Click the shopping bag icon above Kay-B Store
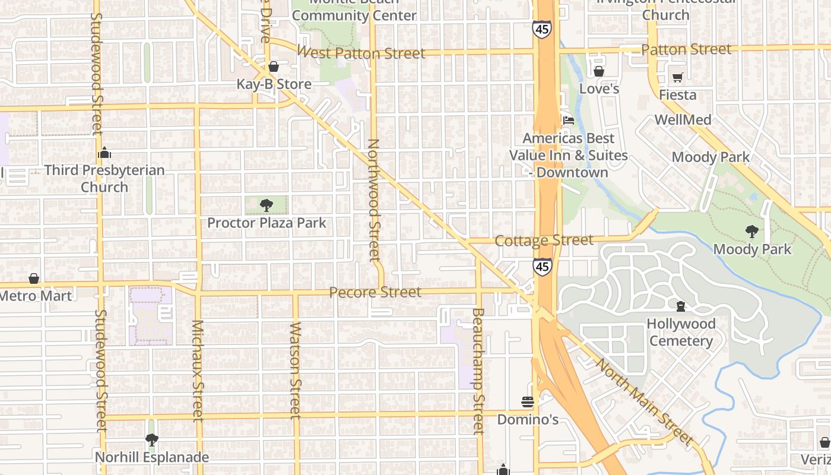pos(274,66)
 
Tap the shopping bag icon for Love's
pos(599,72)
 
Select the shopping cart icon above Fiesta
pos(677,77)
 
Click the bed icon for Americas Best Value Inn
pos(568,120)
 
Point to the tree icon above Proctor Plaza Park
pos(267,205)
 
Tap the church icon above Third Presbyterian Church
pos(104,153)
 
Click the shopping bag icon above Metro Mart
pos(34,278)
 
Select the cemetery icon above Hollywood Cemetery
pos(680,306)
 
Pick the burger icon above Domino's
pos(528,402)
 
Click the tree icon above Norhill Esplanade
pos(152,440)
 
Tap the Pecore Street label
pos(375,292)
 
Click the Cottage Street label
pos(544,240)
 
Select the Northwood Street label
pos(373,200)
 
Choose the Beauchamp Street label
pos(478,371)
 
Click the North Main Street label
pos(645,401)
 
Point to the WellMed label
pos(683,120)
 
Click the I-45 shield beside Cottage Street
pos(541,267)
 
